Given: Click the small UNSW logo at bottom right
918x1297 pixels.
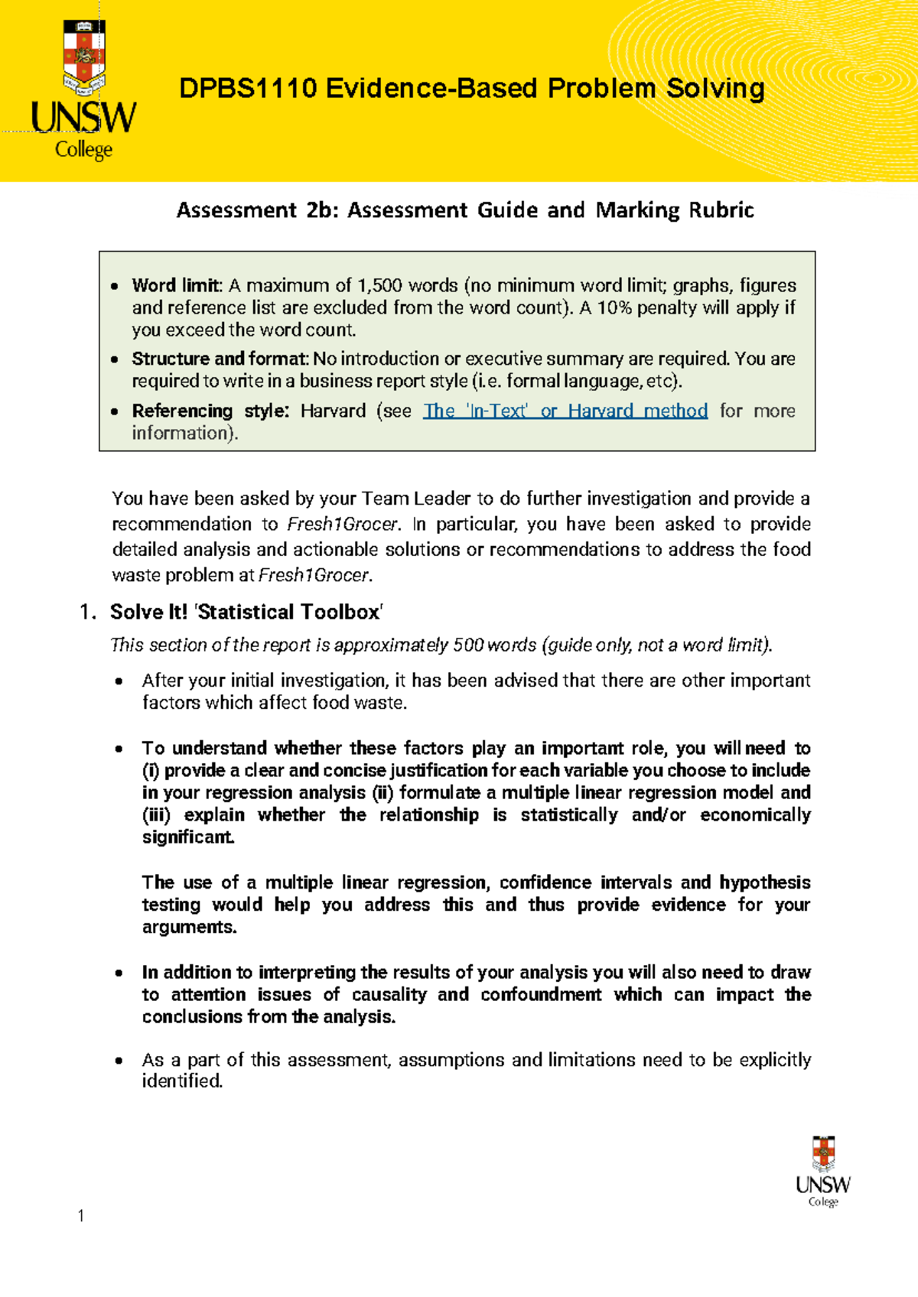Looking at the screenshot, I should [822, 1171].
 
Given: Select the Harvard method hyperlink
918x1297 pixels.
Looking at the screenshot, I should [565, 411].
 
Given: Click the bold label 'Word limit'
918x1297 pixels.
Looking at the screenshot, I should [176, 285].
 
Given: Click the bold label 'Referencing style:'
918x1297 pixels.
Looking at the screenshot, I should [210, 411].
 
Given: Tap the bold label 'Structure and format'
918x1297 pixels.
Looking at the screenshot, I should [219, 359].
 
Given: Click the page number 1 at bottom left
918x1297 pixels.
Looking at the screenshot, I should [81, 1216].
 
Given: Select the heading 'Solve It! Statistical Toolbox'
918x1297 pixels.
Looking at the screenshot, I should [246, 612].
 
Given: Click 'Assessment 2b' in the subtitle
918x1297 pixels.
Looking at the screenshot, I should [257, 210].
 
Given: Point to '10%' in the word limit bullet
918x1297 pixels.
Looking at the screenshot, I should [614, 307].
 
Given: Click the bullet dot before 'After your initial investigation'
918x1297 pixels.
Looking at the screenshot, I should [118, 681].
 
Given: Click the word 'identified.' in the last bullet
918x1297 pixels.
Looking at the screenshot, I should [183, 1081].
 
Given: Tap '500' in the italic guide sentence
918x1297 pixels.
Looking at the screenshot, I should [467, 645].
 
